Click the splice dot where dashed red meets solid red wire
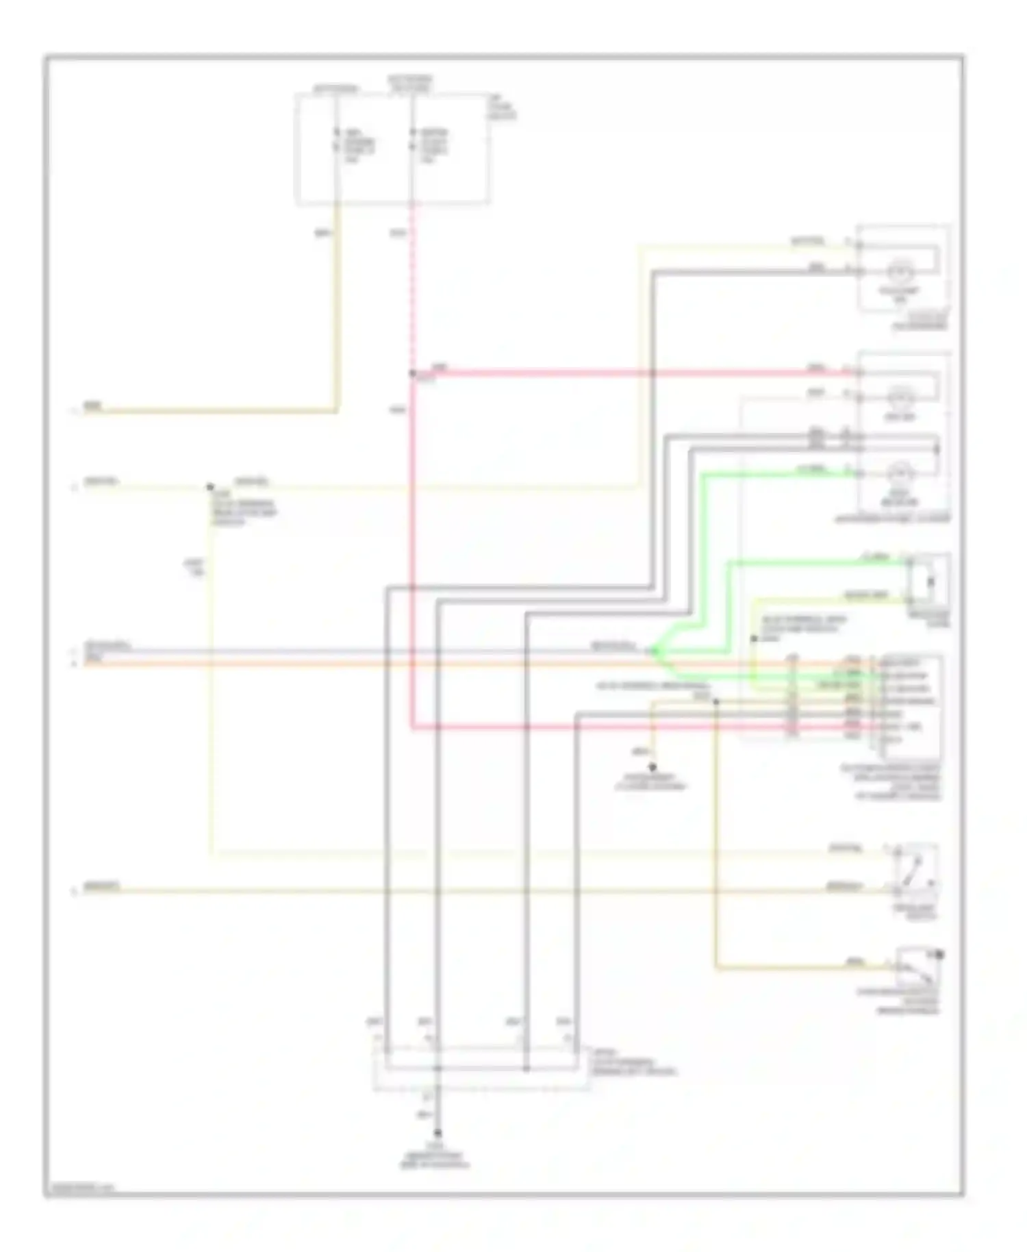click(412, 373)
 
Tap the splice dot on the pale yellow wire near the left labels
click(210, 487)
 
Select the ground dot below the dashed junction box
click(438, 1134)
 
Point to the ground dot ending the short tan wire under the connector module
click(652, 768)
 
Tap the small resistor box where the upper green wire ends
click(929, 581)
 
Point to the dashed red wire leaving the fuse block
click(412, 288)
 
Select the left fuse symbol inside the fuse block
click(337, 140)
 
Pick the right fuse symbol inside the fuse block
click(413, 140)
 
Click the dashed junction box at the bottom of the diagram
click(479, 1068)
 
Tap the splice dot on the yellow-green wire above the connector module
click(754, 638)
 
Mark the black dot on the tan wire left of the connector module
click(716, 701)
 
